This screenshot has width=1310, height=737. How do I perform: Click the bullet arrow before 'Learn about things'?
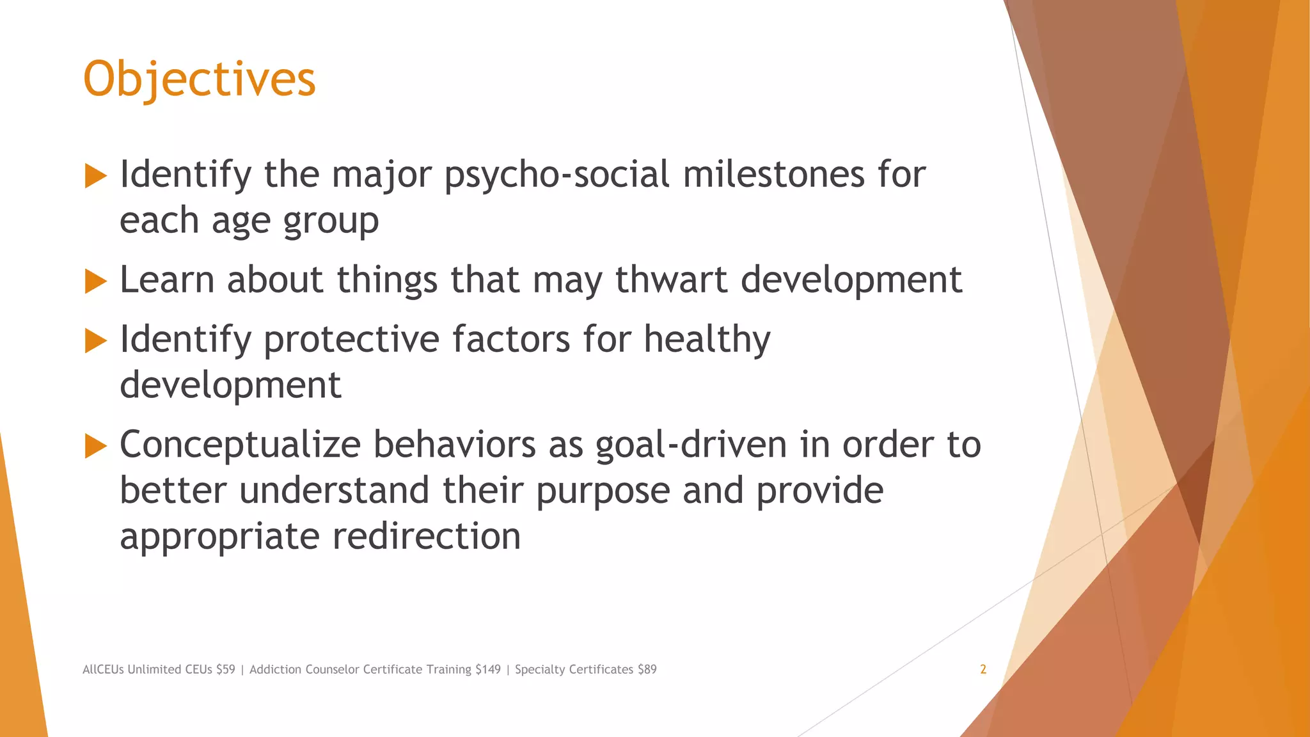[95, 281]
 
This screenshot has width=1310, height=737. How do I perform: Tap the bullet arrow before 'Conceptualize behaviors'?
[95, 446]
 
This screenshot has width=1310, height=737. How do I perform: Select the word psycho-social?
[556, 175]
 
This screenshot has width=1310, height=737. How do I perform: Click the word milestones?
[773, 175]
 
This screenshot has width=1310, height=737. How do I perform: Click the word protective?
[351, 339]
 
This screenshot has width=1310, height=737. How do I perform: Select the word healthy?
[707, 339]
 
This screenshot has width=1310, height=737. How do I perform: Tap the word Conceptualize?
[240, 445]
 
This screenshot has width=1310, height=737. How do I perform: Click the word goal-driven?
[691, 445]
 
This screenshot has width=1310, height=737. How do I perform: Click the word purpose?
[602, 491]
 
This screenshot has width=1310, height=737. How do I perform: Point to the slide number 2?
[983, 669]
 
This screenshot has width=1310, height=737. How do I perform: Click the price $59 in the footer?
[225, 669]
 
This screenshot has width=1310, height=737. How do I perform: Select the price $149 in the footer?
[488, 669]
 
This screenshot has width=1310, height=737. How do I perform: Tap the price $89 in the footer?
[647, 669]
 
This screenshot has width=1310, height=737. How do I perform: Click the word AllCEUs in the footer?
[103, 669]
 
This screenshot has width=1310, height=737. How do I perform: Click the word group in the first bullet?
[331, 221]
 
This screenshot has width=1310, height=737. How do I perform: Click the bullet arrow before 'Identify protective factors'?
[95, 341]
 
